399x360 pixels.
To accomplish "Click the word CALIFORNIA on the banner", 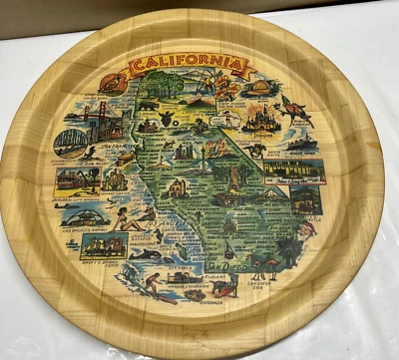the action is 186,68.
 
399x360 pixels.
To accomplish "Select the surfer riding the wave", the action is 150,284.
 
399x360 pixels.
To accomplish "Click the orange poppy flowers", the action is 227,91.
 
